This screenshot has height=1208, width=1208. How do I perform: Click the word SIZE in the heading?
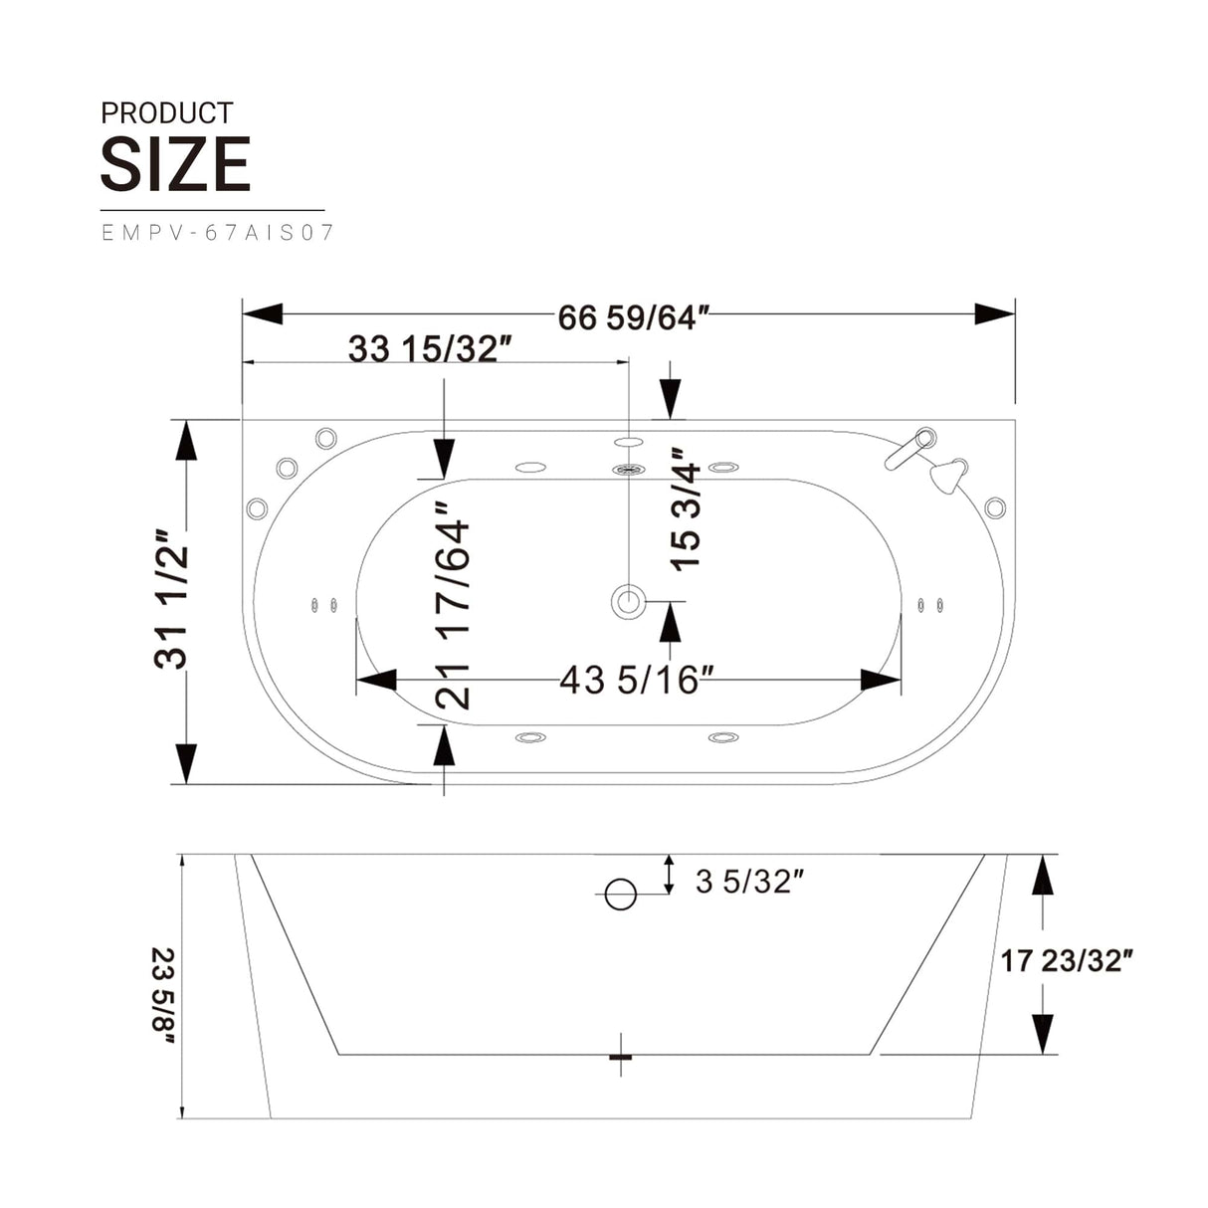[x=175, y=165]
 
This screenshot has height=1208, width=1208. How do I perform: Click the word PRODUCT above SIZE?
[x=166, y=113]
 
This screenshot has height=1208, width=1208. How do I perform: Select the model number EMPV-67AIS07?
[x=218, y=233]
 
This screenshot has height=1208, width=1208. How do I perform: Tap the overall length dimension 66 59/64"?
[x=633, y=317]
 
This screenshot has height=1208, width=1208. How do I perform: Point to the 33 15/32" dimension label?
[x=429, y=349]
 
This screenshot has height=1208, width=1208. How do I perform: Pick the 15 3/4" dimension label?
[x=687, y=514]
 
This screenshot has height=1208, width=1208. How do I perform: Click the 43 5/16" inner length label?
[x=636, y=681]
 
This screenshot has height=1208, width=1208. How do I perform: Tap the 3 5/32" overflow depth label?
[x=749, y=881]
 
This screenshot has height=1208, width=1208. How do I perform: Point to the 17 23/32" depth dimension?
[x=1067, y=960]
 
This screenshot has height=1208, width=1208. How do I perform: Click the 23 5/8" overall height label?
[x=163, y=995]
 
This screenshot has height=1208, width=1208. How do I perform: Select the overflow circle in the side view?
[x=621, y=895]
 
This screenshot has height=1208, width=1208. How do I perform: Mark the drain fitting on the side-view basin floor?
[x=621, y=1055]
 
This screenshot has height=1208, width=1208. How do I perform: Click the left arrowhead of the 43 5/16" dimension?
[x=376, y=681]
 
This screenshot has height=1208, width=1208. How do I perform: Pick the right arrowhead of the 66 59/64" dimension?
[x=994, y=313]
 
